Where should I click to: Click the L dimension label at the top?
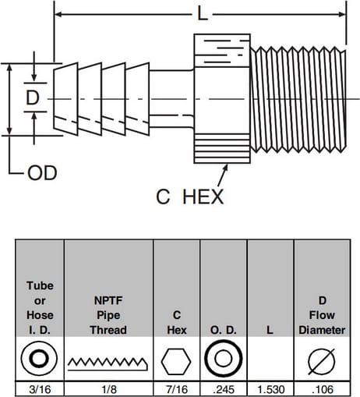click(x=203, y=14)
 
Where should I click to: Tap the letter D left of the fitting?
click(x=33, y=97)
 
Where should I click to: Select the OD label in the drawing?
click(x=42, y=173)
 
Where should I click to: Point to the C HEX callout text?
click(x=189, y=197)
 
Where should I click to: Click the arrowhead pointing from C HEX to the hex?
click(x=225, y=167)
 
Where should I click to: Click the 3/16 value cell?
click(x=40, y=389)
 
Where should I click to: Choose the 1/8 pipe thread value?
click(x=109, y=389)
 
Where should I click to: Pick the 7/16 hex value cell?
click(x=177, y=389)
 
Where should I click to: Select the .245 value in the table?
click(x=224, y=389)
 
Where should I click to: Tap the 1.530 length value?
click(x=270, y=389)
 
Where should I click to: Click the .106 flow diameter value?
click(x=323, y=389)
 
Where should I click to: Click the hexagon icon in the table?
click(x=176, y=361)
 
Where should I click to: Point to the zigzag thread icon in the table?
click(x=108, y=363)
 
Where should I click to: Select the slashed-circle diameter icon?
click(x=322, y=361)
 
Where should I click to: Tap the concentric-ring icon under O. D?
click(x=224, y=358)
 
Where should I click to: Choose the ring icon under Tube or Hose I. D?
click(x=39, y=359)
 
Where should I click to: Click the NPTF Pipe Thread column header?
click(x=108, y=315)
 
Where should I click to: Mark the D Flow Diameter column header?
click(x=322, y=315)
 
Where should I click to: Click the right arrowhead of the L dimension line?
click(x=342, y=14)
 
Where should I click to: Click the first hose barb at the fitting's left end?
click(x=65, y=99)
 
